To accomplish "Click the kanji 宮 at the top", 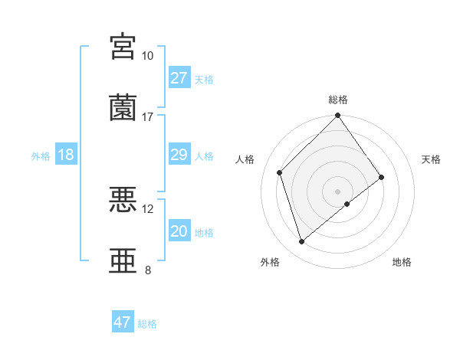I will pos(123,47).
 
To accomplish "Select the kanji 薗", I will pos(123,108).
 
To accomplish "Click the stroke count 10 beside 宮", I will pos(147,56).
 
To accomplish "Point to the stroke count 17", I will pos(147,117).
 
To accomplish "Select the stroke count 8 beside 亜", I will pos(147,270).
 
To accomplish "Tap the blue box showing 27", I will pos(179,78).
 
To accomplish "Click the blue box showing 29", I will pos(179,155).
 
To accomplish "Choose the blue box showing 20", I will pos(179,231).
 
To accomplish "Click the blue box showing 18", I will pos(66,155).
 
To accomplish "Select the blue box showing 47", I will pos(123,322).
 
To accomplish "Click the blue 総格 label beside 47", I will pos(148,324).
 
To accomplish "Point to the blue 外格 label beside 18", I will pos(41,155).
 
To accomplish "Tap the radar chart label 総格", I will pos(338,100).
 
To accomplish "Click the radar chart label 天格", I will pos(431,159).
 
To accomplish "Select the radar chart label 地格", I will pos(402,262).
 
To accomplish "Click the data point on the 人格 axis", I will pos(280,172).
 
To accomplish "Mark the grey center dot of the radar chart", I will pos(338,191).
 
